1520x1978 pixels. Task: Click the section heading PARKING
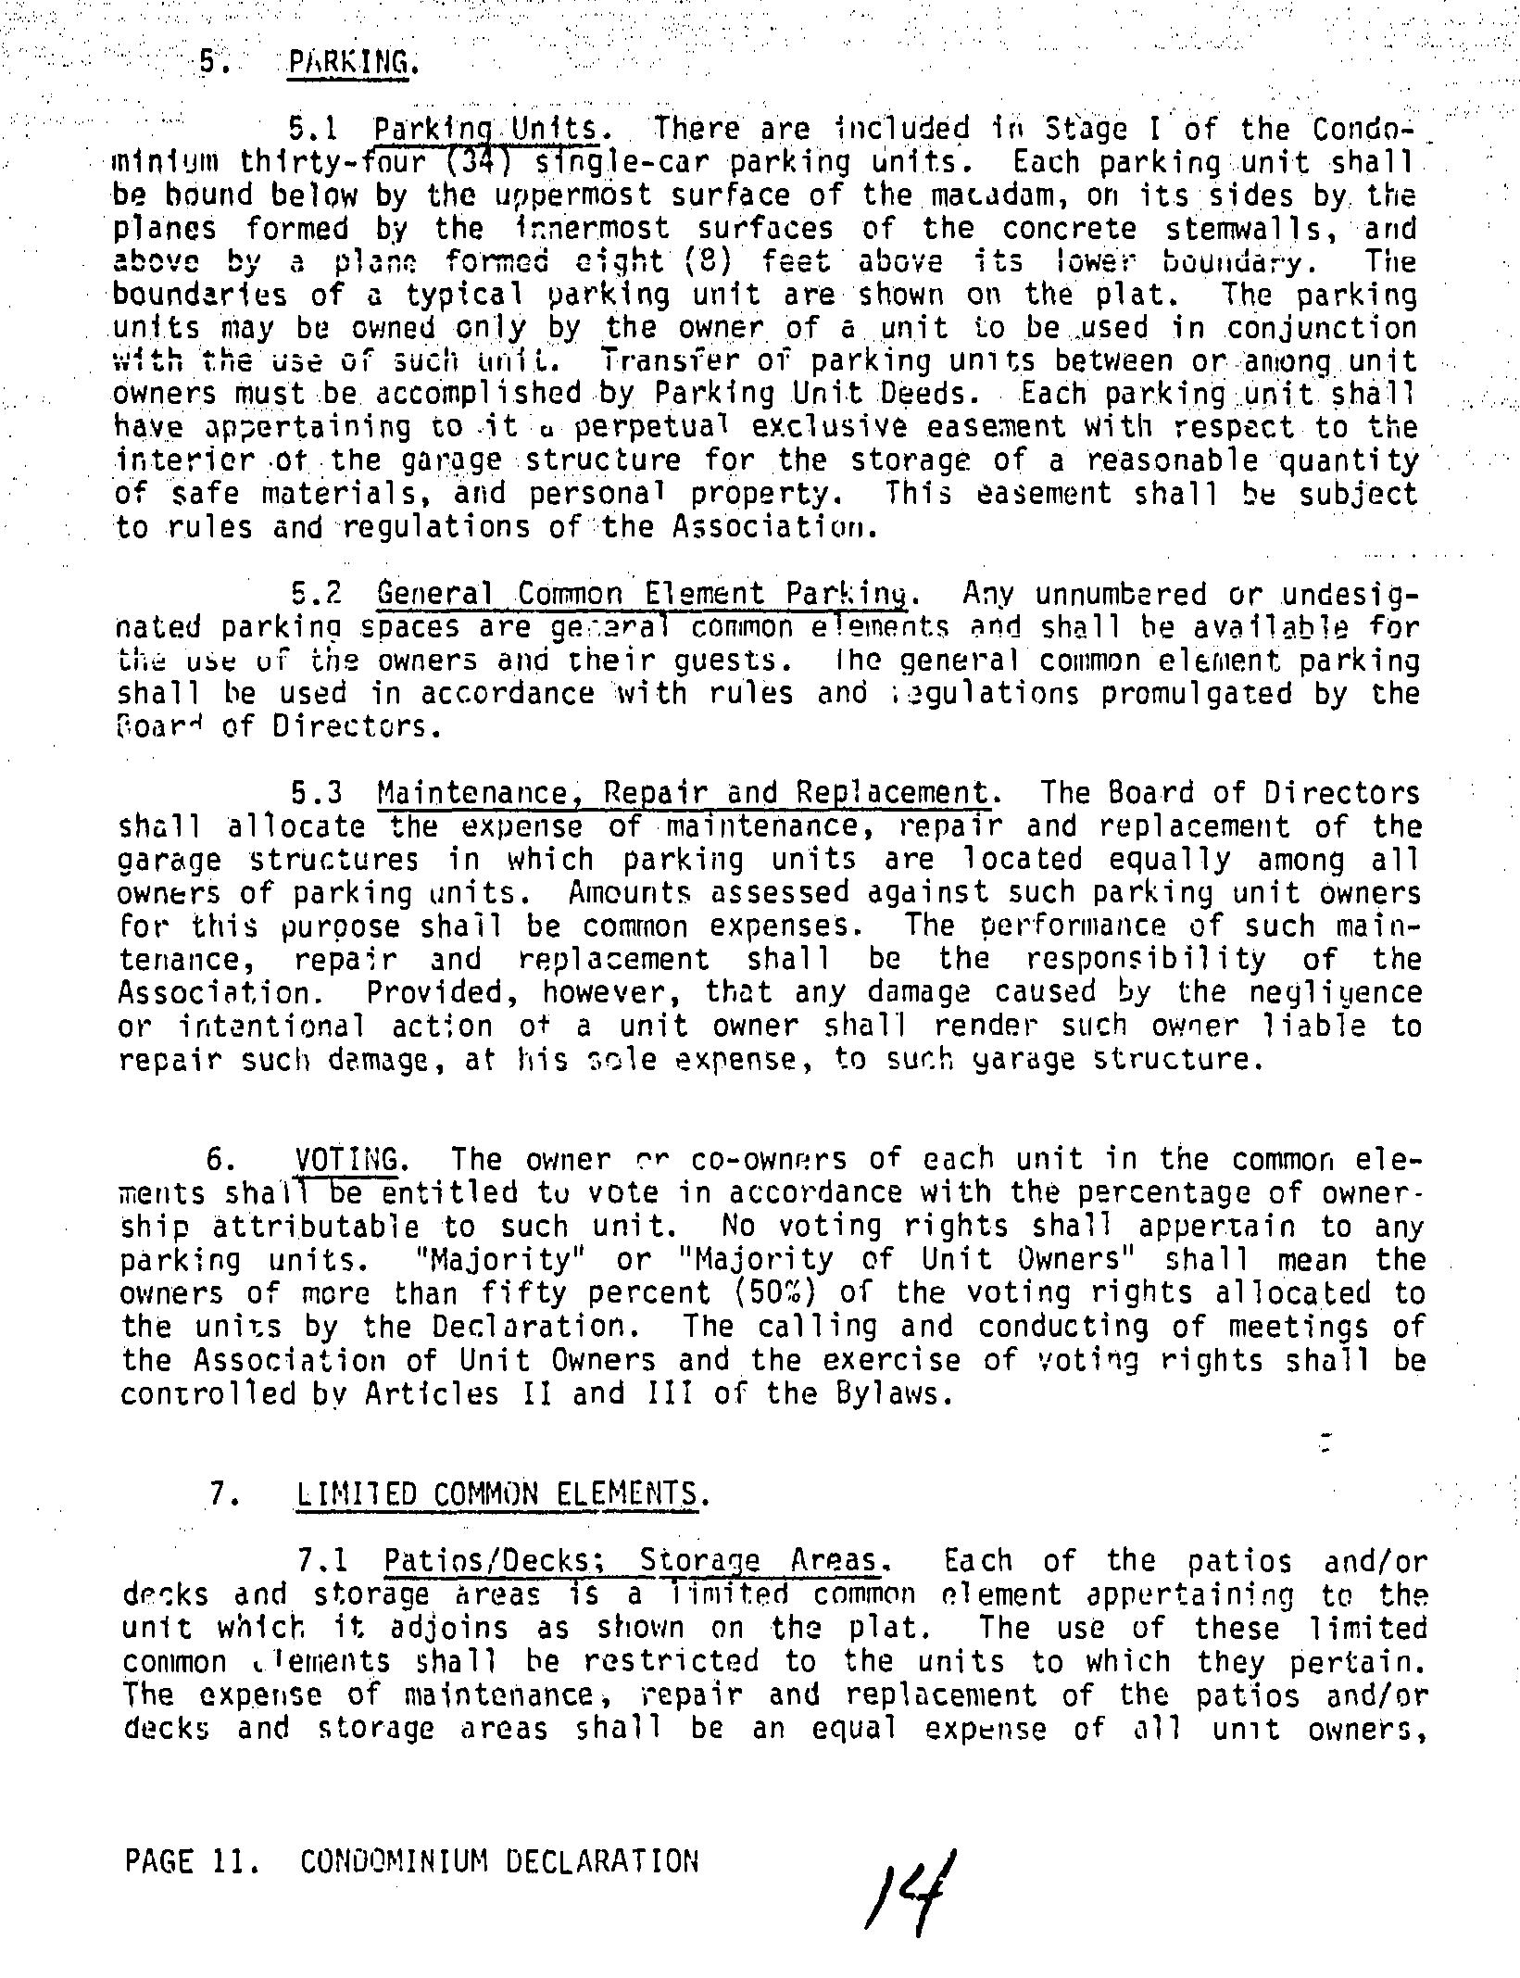[x=347, y=63]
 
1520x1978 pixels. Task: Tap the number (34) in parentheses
[x=491, y=163]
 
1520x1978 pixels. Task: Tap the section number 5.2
[x=317, y=594]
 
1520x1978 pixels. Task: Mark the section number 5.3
[x=317, y=794]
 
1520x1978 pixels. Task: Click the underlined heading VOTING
[x=347, y=1160]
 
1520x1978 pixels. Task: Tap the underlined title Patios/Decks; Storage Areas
[x=630, y=1562]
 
